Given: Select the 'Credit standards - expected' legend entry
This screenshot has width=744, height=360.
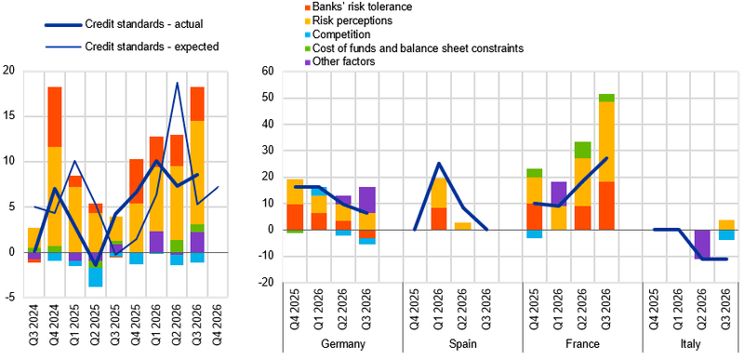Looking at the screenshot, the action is pyautogui.click(x=131, y=47).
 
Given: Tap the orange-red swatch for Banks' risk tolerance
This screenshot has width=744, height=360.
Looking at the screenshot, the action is pyautogui.click(x=308, y=7).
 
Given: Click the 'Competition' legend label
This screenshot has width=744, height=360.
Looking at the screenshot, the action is pyautogui.click(x=341, y=34).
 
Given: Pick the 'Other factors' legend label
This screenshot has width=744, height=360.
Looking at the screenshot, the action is pyautogui.click(x=344, y=61).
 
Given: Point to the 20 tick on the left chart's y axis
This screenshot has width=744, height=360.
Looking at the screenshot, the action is pyautogui.click(x=9, y=71).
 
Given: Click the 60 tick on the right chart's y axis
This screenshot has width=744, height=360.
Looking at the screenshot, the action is pyautogui.click(x=269, y=72).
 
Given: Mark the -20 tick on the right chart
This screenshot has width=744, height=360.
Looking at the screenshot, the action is pyautogui.click(x=267, y=283).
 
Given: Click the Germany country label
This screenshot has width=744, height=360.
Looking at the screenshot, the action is pyautogui.click(x=343, y=344).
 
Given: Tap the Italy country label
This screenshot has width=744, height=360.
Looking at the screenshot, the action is pyautogui.click(x=690, y=344).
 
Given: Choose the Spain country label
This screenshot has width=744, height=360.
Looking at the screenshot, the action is pyautogui.click(x=462, y=344).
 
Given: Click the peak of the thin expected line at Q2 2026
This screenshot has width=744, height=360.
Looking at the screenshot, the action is pyautogui.click(x=177, y=83).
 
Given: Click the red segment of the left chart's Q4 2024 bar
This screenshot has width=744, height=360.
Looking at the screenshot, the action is pyautogui.click(x=55, y=117).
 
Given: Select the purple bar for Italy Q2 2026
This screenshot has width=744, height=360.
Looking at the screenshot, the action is pyautogui.click(x=702, y=245).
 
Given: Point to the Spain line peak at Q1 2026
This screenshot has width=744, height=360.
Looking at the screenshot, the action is pyautogui.click(x=439, y=163).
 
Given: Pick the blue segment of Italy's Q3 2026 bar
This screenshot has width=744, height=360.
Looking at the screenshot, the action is pyautogui.click(x=726, y=234).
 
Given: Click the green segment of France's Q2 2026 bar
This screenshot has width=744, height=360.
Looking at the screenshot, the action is pyautogui.click(x=582, y=150).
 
